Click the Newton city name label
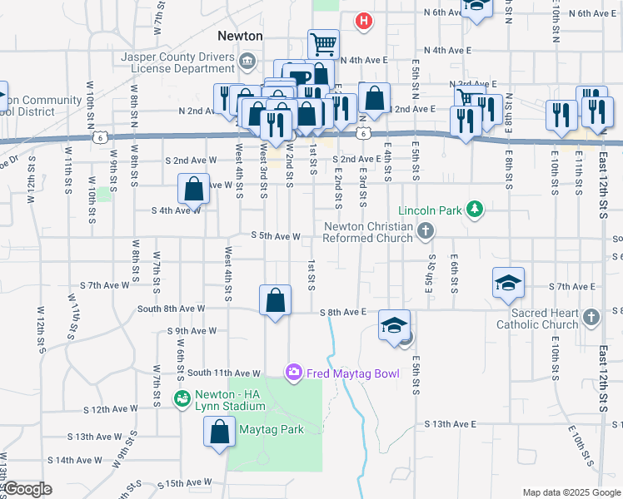click(x=240, y=36)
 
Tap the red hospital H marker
click(x=364, y=22)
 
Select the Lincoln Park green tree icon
click(x=475, y=210)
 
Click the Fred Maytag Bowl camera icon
click(x=293, y=373)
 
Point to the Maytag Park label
click(x=271, y=429)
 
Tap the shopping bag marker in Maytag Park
click(x=219, y=432)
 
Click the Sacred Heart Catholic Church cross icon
click(x=591, y=318)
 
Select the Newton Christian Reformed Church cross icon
click(x=425, y=231)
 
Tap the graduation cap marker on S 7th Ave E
click(x=508, y=284)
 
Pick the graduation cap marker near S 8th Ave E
click(x=395, y=324)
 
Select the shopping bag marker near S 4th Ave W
click(x=193, y=189)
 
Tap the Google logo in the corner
click(x=27, y=489)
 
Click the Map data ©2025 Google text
click(x=570, y=492)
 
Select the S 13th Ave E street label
click(x=450, y=424)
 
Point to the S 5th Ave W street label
click(x=275, y=236)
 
